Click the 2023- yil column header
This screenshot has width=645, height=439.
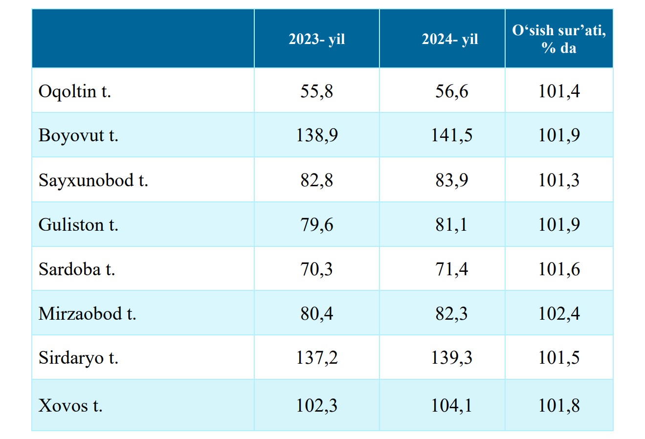point(316,39)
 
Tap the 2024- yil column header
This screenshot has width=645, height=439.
point(450,39)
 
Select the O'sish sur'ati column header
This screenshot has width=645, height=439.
point(559,39)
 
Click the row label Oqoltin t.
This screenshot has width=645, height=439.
point(75,91)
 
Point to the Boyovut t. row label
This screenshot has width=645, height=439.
point(78,135)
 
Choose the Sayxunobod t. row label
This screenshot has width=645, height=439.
point(93,180)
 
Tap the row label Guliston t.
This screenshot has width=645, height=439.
point(78,224)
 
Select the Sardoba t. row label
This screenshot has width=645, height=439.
point(77,269)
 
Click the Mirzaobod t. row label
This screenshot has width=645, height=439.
point(87,313)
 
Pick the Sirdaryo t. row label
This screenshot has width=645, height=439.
point(78,358)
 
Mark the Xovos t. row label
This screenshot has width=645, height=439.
point(70,406)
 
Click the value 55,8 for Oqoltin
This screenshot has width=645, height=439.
point(316,91)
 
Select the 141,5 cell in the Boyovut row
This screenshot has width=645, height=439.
point(451,135)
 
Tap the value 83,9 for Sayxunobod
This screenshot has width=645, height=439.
point(451,180)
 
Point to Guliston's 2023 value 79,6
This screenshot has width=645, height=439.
point(316,224)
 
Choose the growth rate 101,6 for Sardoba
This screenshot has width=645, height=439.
point(559,269)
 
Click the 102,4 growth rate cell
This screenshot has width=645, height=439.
point(559,313)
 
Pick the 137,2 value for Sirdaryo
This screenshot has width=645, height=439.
point(316,358)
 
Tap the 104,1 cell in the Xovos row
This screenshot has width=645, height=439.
point(451,406)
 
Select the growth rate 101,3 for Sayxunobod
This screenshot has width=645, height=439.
point(559,180)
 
